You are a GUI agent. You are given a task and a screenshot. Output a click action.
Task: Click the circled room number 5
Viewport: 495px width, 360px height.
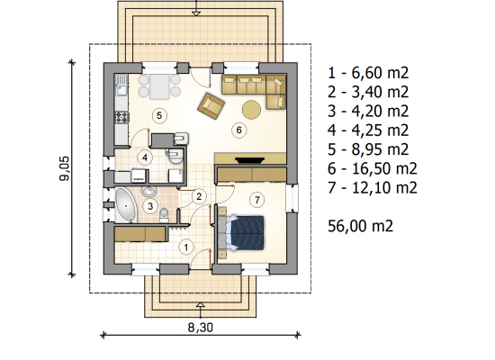(159, 115)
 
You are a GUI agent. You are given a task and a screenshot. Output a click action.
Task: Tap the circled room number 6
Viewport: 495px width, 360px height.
(238, 130)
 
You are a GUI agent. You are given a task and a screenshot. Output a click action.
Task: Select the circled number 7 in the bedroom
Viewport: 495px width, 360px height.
(257, 200)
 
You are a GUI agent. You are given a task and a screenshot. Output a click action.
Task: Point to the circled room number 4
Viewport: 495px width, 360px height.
(145, 157)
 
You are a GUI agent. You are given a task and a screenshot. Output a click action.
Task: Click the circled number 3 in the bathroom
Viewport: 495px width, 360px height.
(150, 206)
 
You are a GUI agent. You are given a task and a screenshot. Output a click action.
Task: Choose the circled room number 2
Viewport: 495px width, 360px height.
(199, 196)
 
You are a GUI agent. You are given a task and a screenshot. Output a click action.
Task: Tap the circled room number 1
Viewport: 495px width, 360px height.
(186, 247)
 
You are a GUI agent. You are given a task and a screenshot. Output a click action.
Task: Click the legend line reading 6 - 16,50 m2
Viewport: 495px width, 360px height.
(373, 168)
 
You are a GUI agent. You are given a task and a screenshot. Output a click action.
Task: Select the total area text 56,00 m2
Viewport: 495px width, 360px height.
(360, 226)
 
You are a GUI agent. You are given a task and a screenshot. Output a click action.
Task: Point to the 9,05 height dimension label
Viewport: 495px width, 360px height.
(64, 168)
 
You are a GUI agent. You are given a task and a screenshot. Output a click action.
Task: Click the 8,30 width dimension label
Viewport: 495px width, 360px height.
(201, 328)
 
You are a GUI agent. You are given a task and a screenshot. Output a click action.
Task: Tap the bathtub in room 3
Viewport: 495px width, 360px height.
(126, 205)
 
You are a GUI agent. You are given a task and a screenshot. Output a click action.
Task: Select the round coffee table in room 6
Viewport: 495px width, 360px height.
(251, 110)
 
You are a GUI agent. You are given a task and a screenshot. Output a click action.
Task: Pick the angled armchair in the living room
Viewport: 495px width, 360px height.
(211, 105)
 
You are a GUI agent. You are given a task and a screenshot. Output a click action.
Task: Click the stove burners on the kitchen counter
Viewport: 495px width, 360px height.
(121, 117)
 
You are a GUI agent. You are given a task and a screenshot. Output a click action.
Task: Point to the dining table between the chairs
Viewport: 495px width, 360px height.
(159, 86)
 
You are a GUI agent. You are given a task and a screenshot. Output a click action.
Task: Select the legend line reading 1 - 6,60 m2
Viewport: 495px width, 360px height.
(368, 73)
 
